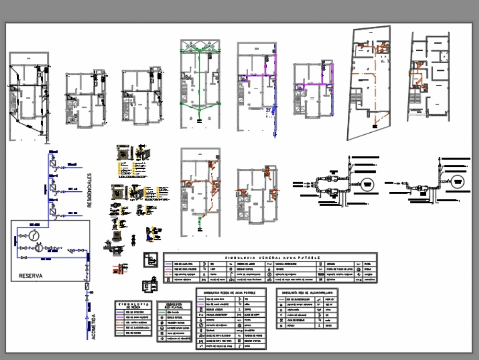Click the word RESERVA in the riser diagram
(x=31, y=276)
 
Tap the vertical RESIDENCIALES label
(x=89, y=190)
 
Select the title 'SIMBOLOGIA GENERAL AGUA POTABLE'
(x=270, y=258)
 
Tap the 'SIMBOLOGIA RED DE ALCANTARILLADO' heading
(x=307, y=291)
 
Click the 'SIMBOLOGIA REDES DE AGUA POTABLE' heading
(x=231, y=292)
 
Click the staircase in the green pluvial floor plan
(x=184, y=93)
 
